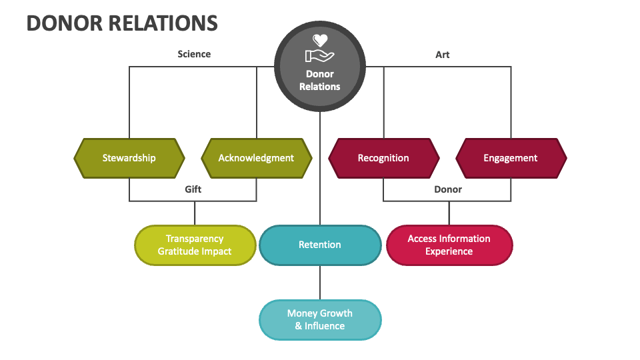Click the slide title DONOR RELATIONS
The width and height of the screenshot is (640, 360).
(x=122, y=23)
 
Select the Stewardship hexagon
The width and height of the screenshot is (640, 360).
(x=129, y=158)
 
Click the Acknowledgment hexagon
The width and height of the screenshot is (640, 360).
(x=256, y=158)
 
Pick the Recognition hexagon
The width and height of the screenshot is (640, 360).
(x=383, y=158)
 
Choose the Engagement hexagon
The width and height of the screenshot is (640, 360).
(x=511, y=158)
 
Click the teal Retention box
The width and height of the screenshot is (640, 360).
(x=320, y=245)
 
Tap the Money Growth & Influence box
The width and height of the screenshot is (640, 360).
(x=320, y=319)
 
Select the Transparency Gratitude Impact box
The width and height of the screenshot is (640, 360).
(x=195, y=245)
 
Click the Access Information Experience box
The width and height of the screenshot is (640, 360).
(x=449, y=245)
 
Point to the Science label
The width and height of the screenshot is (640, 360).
(x=194, y=54)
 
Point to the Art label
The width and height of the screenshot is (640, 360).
(x=443, y=55)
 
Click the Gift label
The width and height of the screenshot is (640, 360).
(x=193, y=189)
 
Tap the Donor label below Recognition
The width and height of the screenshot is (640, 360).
(x=448, y=189)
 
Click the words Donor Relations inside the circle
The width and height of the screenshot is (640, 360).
(x=320, y=80)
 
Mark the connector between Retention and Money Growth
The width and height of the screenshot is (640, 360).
(x=320, y=282)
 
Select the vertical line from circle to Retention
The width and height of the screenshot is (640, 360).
(x=320, y=167)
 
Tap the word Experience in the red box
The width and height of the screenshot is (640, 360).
(x=449, y=251)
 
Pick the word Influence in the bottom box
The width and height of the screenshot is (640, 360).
(x=325, y=326)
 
